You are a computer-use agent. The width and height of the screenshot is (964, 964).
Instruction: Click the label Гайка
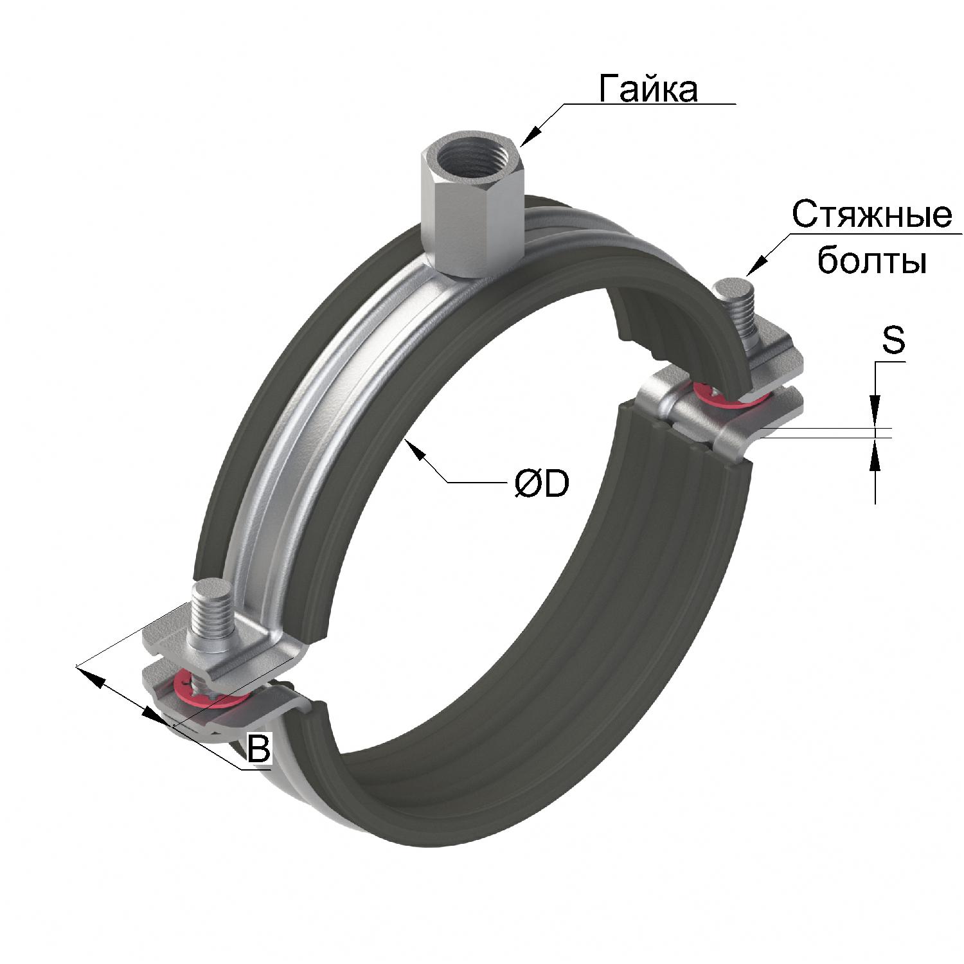tap(648, 88)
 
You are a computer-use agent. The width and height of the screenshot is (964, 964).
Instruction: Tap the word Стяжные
tap(871, 215)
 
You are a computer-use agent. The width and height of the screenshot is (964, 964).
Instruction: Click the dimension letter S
tap(893, 341)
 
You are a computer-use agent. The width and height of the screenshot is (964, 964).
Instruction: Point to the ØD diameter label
tap(542, 483)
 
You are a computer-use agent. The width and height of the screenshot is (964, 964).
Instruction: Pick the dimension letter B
tap(258, 748)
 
